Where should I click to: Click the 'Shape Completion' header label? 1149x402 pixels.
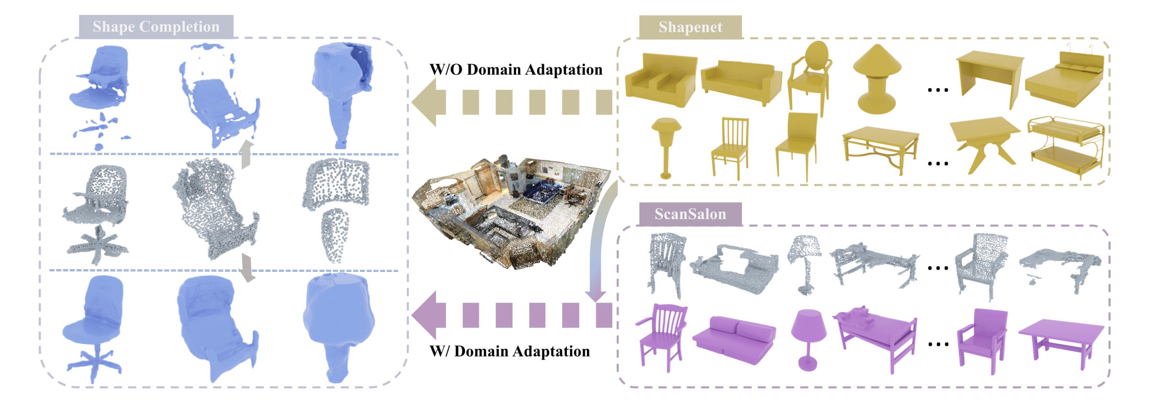click(x=156, y=27)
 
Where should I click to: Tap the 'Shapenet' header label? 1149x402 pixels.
click(x=690, y=27)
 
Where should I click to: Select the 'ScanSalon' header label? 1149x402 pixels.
click(x=690, y=214)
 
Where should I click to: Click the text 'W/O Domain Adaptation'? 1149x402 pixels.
click(x=516, y=69)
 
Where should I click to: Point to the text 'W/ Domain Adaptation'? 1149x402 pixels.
click(x=510, y=351)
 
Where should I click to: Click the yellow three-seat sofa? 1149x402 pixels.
click(x=741, y=82)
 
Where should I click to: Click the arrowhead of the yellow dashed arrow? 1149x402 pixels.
click(x=428, y=102)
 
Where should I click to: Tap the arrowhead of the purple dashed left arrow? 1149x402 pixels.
click(x=428, y=315)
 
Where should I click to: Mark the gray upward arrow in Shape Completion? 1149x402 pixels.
click(x=246, y=154)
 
